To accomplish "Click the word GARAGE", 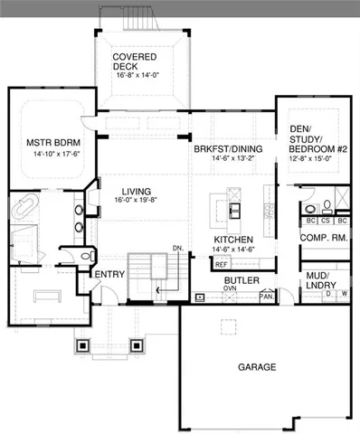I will click(257, 367).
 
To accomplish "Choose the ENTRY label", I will click(109, 275).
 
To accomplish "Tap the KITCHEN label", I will click(232, 239).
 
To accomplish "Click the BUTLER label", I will click(242, 281).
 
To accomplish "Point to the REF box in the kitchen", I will click(220, 264).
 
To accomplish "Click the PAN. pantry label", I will click(267, 296).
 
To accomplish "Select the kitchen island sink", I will click(233, 210).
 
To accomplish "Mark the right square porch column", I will click(137, 344).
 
